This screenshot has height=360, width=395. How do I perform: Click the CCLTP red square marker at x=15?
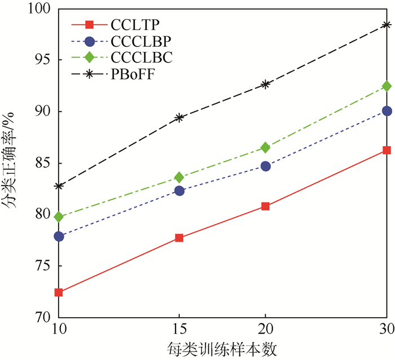coord(179,238)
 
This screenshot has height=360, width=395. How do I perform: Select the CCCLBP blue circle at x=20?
coord(265,166)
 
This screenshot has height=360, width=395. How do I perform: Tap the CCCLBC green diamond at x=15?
coord(179,177)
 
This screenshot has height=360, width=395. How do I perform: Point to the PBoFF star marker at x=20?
coord(265,84)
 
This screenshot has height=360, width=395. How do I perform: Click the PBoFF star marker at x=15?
coord(179,117)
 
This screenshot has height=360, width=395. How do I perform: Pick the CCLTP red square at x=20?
coord(265,207)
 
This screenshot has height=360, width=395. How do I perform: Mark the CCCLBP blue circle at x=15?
coord(179,191)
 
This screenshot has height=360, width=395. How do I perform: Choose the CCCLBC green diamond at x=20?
coord(265,148)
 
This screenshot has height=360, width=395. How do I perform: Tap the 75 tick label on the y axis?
coord(42,266)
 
